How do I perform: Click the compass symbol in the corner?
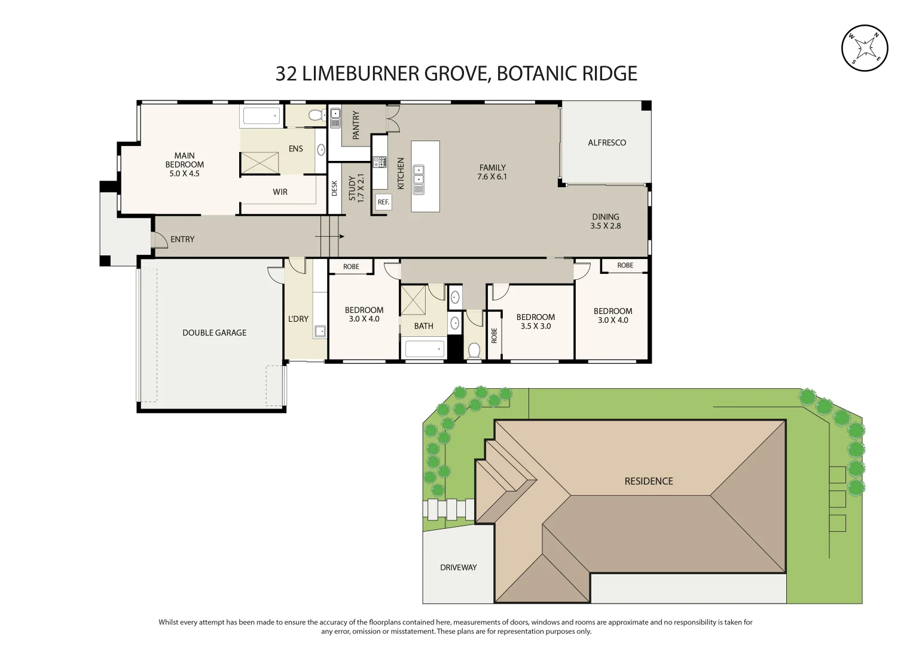click(x=865, y=48)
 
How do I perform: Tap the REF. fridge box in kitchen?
click(x=383, y=202)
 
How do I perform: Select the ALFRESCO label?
click(x=607, y=142)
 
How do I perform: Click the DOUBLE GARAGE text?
click(x=214, y=333)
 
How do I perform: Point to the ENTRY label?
click(x=182, y=239)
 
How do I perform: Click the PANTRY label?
click(x=356, y=125)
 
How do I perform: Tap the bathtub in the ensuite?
click(x=261, y=116)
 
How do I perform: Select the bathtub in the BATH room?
click(x=424, y=349)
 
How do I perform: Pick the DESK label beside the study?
click(x=334, y=188)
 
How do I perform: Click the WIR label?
click(x=280, y=192)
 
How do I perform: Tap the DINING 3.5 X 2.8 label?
click(x=606, y=221)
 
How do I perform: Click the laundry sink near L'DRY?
click(x=320, y=331)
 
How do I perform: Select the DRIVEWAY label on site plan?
click(x=458, y=567)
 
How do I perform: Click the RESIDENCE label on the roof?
click(x=648, y=481)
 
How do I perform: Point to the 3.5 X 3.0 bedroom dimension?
click(x=536, y=326)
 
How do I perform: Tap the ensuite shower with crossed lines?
click(x=259, y=163)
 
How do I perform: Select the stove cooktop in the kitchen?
click(x=380, y=161)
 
